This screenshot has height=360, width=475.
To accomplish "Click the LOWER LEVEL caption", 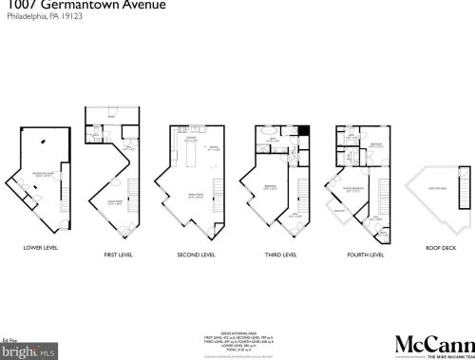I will click(41, 248).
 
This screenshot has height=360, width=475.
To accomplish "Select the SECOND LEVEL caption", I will click(195, 256).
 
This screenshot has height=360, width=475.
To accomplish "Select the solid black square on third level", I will click(304, 132).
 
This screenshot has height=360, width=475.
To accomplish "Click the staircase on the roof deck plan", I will click(465, 195).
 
